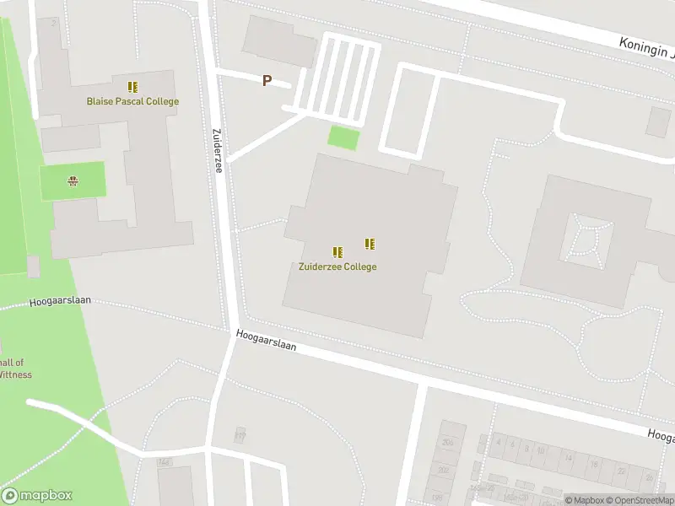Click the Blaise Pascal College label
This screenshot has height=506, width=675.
132,101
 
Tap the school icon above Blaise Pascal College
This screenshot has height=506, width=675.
132,86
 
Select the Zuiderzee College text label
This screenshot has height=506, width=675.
337,266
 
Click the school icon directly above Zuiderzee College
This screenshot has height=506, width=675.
337,252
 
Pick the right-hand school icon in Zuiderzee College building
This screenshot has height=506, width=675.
369,244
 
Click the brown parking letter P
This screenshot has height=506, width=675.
267,81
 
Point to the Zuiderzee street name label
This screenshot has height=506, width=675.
217,150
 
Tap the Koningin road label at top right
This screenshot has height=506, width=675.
646,48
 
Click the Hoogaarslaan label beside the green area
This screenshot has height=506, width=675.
59,301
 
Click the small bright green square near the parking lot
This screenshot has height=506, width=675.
343,137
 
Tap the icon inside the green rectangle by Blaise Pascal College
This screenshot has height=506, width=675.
73,180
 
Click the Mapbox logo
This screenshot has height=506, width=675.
37,496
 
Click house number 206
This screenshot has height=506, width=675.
447,443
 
